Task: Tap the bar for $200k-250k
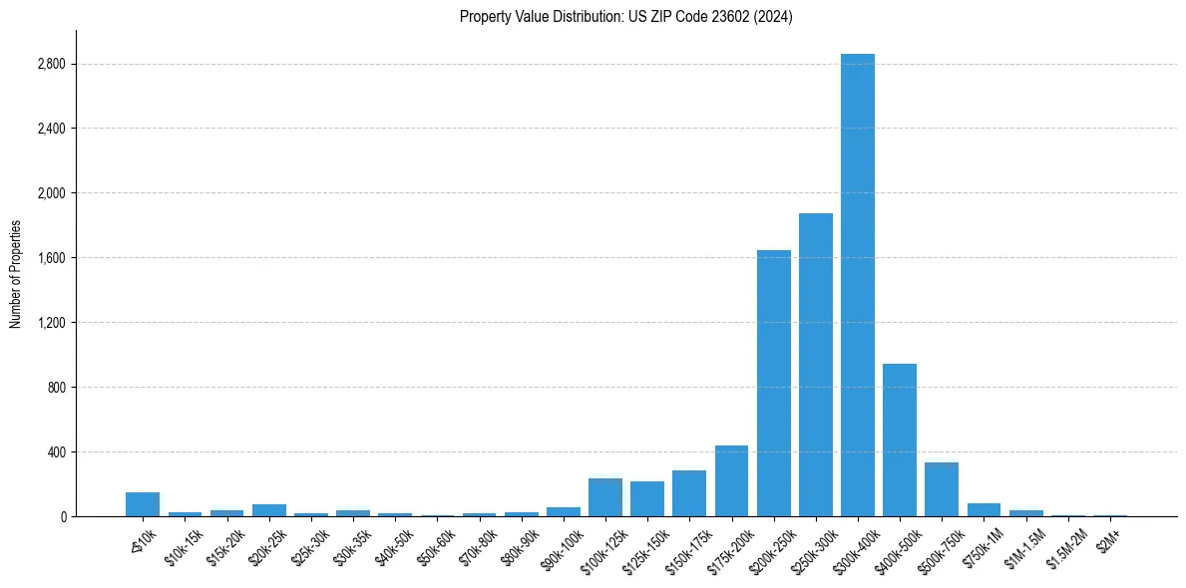(773, 383)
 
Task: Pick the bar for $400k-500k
(899, 440)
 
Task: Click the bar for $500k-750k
(941, 489)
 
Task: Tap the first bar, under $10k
(143, 504)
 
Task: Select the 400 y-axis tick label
(56, 452)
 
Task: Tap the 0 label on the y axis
(62, 516)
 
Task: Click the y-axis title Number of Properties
(15, 273)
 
